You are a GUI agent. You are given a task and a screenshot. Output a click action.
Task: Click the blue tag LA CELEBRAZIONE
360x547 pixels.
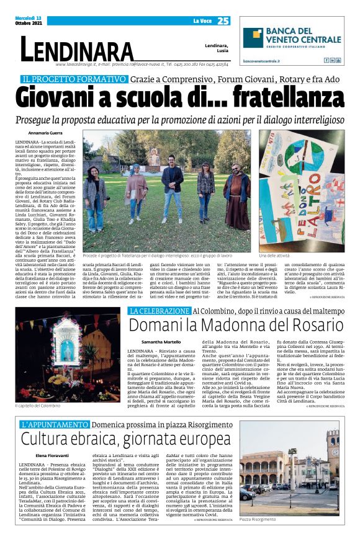click(159, 310)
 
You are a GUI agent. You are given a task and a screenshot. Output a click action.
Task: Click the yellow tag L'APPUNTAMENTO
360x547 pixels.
click(54, 407)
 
